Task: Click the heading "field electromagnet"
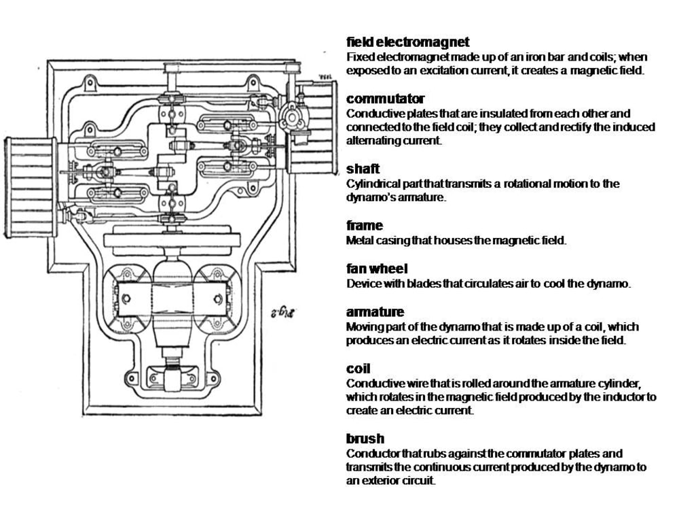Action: (x=407, y=42)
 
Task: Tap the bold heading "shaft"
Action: (x=363, y=169)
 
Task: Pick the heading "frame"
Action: (x=365, y=225)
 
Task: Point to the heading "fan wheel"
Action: (x=377, y=269)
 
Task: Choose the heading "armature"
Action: (x=375, y=311)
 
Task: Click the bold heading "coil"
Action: (x=358, y=369)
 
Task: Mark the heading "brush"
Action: (x=365, y=439)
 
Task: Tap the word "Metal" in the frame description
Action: (x=360, y=240)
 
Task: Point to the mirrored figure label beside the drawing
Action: (x=276, y=312)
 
